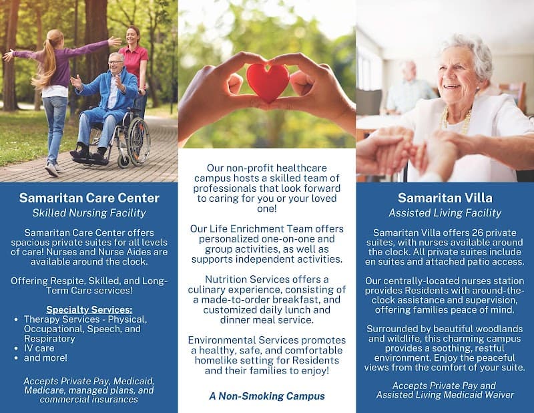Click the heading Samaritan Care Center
click(89, 198)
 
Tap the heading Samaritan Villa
click(445, 198)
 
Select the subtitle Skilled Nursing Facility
click(89, 213)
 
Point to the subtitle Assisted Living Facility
click(445, 213)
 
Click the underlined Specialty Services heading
click(89, 309)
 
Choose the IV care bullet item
click(39, 348)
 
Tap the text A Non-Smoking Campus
click(267, 396)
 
